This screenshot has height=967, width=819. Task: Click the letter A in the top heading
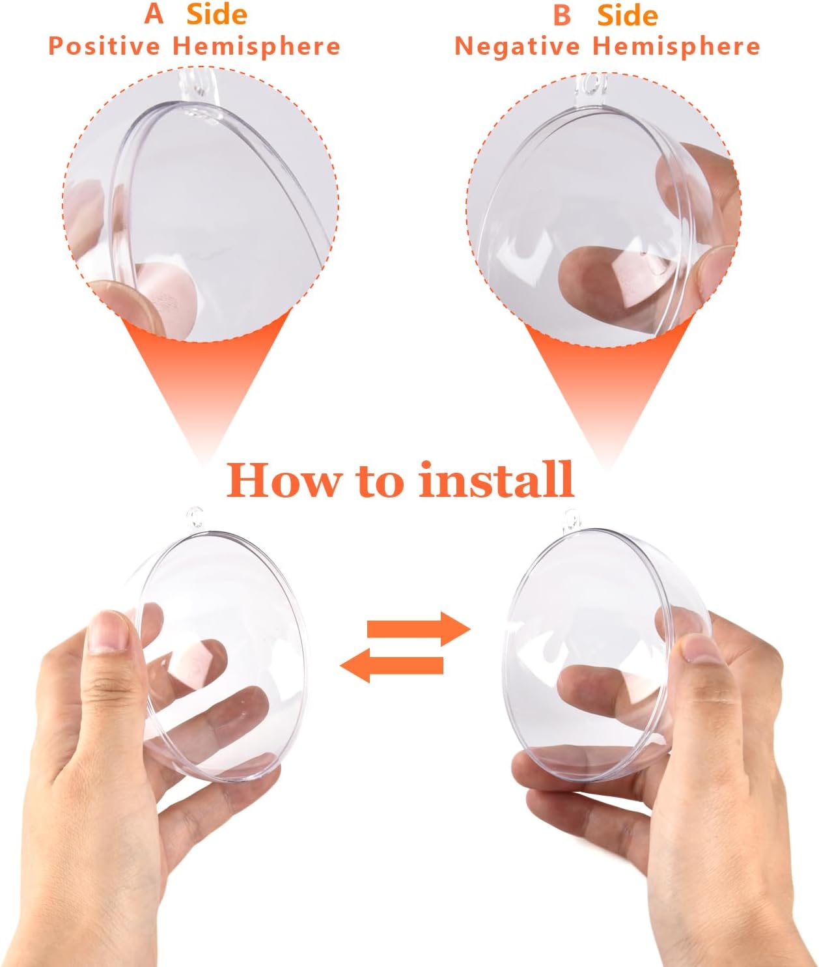pos(154,14)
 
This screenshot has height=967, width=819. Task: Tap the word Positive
pos(104,46)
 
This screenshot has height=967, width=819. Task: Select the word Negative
pos(517,46)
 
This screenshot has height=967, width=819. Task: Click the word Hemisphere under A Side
pos(257,47)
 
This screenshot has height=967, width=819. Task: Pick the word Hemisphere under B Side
pos(676,47)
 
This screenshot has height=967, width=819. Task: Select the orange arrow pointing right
pos(419,629)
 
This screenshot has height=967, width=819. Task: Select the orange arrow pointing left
pos(391,666)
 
